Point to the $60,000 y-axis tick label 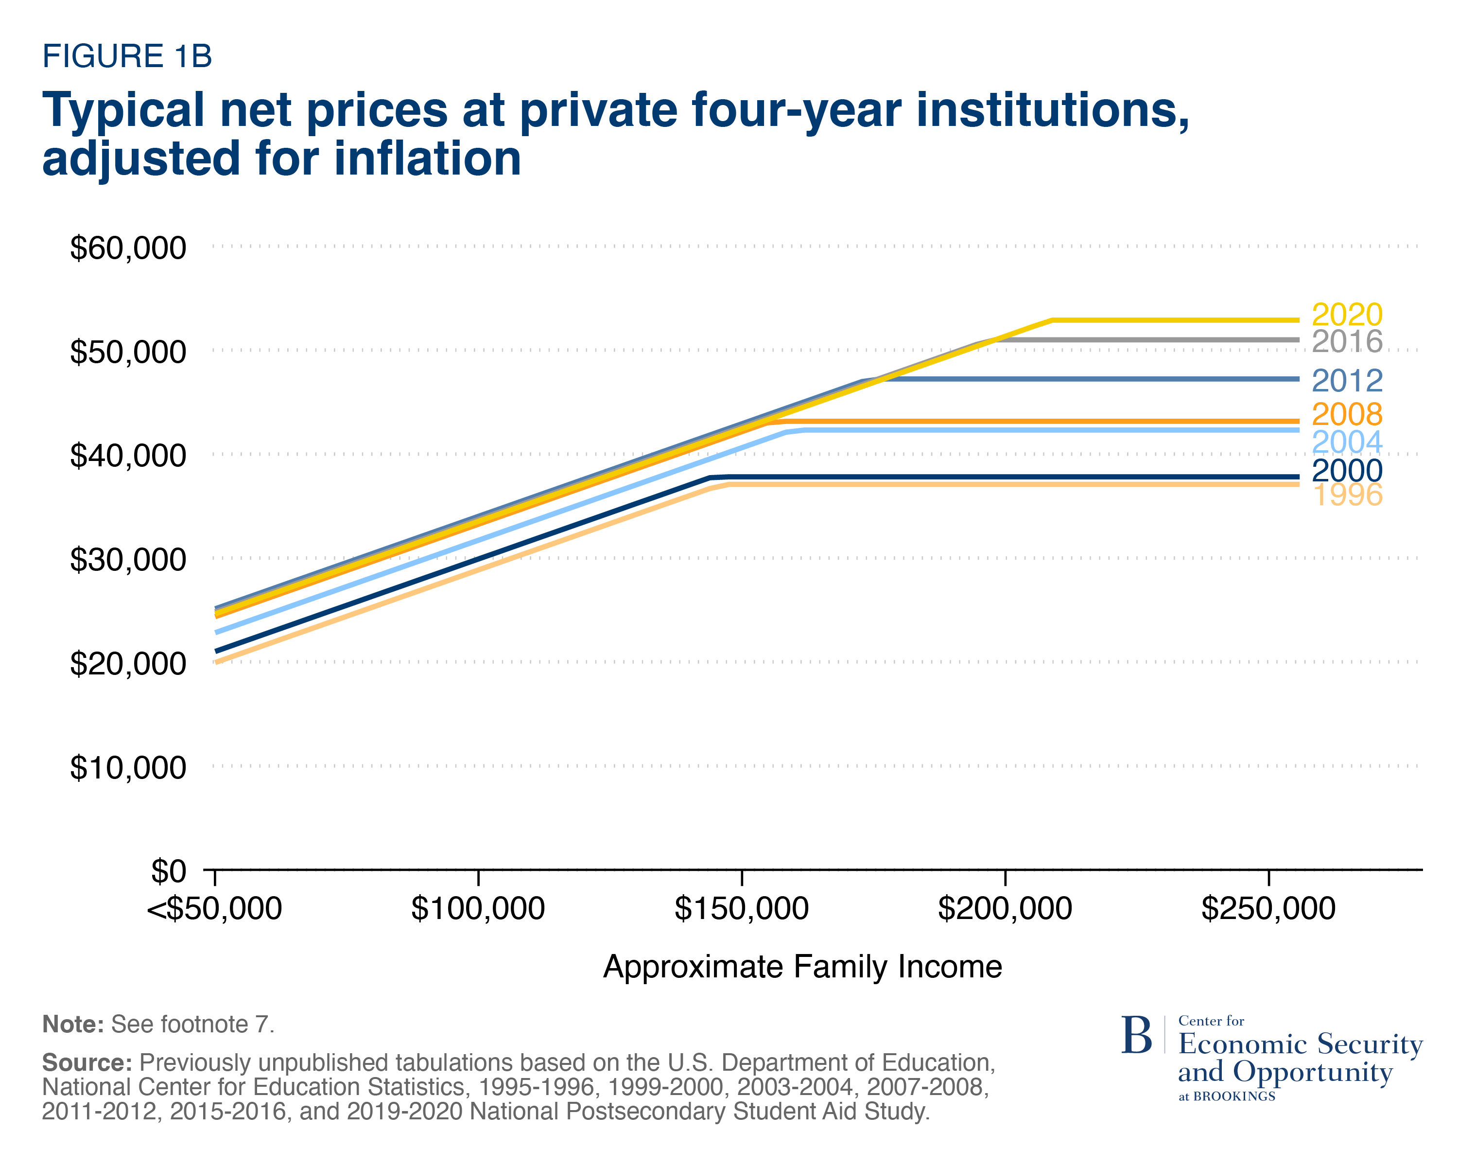[128, 248]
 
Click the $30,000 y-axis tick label [128, 560]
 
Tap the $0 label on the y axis [168, 872]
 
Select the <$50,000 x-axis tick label [214, 909]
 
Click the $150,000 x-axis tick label [741, 909]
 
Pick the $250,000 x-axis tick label [1268, 909]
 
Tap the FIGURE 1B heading [127, 56]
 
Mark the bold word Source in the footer [87, 1063]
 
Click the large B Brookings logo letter [1136, 1036]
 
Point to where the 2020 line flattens [1052, 320]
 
